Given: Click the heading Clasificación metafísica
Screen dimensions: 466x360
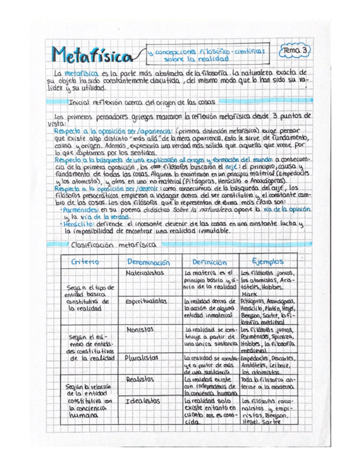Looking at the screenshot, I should coord(104,243).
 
